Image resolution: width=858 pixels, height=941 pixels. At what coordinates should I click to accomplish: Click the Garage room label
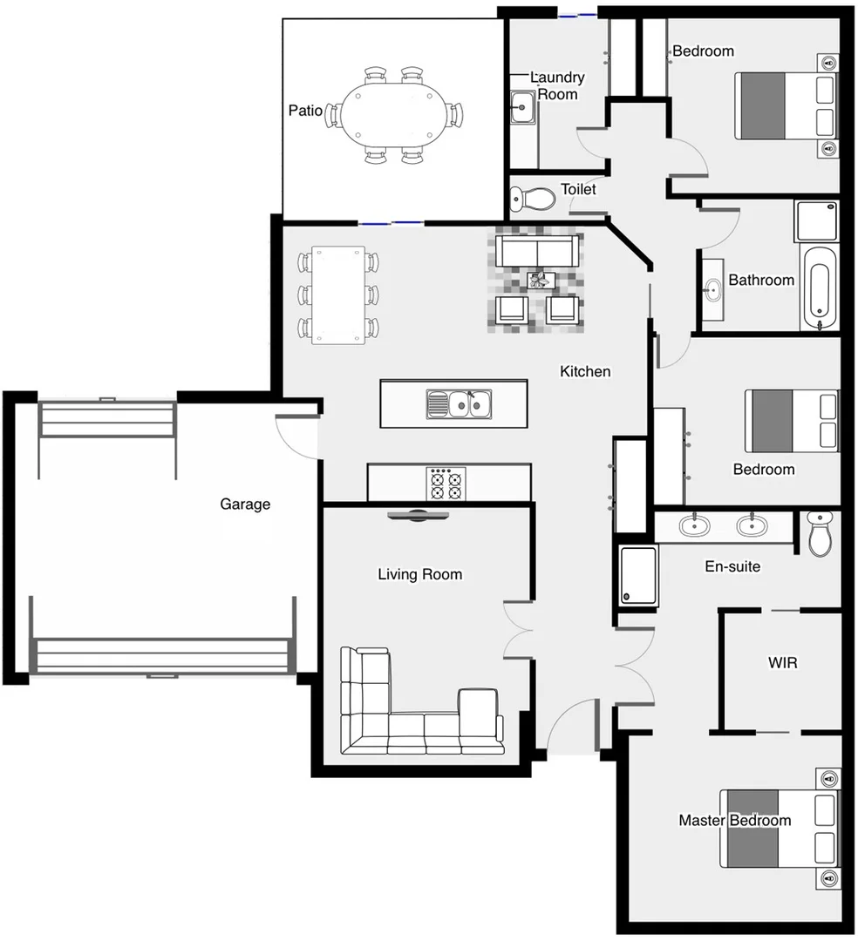[x=244, y=504]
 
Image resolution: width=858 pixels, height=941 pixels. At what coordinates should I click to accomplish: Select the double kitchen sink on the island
[x=460, y=404]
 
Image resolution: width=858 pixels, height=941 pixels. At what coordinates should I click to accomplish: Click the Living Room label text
[x=419, y=574]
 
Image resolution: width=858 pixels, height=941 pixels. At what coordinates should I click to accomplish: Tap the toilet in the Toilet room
[x=533, y=199]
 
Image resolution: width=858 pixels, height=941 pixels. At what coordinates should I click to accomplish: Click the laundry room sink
[x=522, y=109]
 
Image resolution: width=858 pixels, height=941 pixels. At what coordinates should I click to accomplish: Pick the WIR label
[x=781, y=663]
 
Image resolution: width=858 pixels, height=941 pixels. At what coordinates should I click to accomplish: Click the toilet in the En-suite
[x=821, y=533]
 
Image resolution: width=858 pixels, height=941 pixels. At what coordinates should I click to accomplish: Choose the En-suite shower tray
[x=637, y=575]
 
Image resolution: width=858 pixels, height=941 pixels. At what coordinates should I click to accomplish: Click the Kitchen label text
[x=584, y=372]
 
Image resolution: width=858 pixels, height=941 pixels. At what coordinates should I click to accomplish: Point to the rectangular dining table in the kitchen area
[x=339, y=294]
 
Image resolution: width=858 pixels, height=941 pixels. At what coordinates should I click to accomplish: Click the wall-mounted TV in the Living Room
[x=419, y=515]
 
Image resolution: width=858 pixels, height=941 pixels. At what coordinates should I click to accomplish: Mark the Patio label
[x=305, y=112]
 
